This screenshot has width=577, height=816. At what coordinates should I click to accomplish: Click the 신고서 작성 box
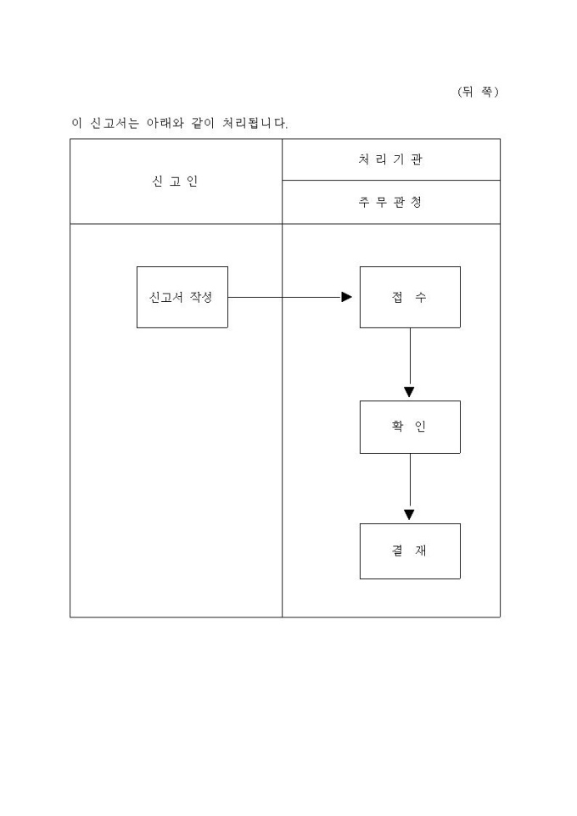coord(182,297)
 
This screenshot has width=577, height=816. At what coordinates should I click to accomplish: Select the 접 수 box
coord(410,297)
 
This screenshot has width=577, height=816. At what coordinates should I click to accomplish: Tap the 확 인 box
coord(410,427)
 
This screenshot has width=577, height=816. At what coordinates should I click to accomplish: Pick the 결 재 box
coord(410,551)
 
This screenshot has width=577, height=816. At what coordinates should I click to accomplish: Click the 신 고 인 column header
coord(176,181)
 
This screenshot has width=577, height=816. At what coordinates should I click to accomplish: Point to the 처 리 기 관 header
coord(391,159)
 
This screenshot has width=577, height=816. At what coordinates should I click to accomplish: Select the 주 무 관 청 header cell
coord(391,203)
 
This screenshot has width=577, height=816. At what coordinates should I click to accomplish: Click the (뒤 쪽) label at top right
coord(478,92)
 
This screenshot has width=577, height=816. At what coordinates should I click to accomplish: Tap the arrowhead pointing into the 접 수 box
coord(346,297)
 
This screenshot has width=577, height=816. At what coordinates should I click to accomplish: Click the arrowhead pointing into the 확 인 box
coord(410,392)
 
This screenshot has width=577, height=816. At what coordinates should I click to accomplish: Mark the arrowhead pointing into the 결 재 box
coord(410,515)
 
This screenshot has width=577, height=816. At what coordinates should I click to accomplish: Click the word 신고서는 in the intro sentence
coord(115,123)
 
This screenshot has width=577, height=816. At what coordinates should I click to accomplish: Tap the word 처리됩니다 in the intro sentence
coord(255,123)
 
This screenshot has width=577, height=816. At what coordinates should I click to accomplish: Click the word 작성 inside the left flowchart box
coord(202,297)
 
